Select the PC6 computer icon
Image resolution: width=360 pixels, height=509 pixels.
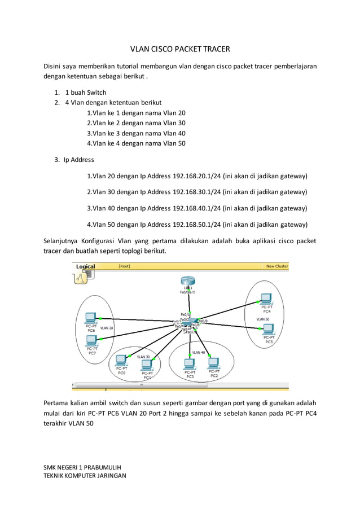[90, 318]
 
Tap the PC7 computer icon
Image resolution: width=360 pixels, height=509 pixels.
[91, 340]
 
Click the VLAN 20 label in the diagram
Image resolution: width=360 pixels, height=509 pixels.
[107, 328]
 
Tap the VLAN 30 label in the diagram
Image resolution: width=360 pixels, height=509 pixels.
[143, 357]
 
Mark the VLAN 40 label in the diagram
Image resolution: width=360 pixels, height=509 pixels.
[199, 352]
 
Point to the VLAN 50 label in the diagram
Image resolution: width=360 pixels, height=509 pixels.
[263, 319]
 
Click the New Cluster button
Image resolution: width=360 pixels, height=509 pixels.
[276, 266]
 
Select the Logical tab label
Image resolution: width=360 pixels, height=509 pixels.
[86, 266]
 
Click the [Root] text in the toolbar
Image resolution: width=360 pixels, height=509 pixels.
[124, 266]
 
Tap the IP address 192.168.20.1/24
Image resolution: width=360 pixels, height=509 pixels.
[197, 176]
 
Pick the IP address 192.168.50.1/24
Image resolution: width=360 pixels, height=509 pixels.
[197, 224]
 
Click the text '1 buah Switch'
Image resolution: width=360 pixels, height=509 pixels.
[86, 92]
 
